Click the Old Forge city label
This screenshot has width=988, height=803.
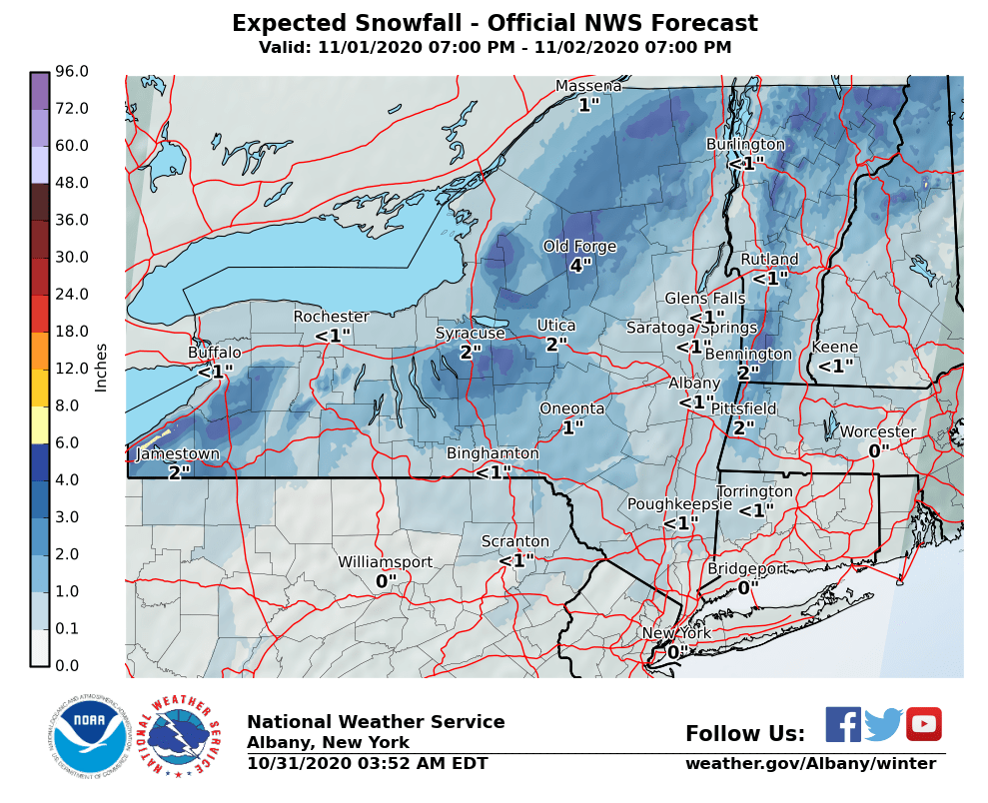pos(579,247)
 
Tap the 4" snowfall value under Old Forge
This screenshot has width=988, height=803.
pos(580,266)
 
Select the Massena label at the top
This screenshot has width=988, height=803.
pos(588,86)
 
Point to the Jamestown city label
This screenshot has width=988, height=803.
pos(177,454)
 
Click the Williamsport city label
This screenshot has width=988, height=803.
pos(385,562)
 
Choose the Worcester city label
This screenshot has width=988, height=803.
pos(877,431)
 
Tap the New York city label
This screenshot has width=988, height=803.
pos(676,633)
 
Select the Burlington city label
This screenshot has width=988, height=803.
pos(745,144)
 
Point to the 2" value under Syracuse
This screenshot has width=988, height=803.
pos(471,352)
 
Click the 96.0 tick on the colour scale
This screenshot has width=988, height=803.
pos(73,71)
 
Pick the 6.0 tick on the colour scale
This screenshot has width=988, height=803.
pos(73,442)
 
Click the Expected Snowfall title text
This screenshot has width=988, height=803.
pos(494,24)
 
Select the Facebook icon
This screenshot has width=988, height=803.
pos(843,724)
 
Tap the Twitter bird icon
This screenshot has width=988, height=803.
pos(883,724)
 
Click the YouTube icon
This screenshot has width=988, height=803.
pos(924,724)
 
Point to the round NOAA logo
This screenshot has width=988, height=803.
pos(90,738)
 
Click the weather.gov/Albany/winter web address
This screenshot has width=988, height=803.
pos(810,764)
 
